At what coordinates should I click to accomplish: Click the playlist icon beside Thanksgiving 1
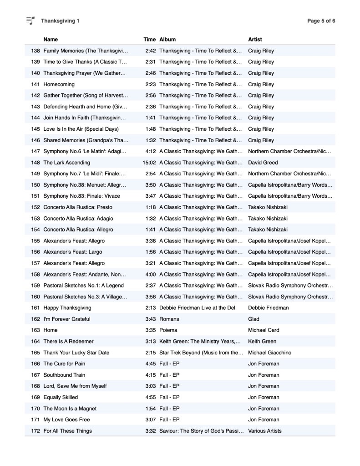(30, 20)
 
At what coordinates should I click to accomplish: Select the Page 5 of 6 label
(321, 21)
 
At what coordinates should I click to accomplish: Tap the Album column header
(167, 40)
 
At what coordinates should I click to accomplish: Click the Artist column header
(255, 40)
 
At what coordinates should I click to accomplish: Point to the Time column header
(149, 40)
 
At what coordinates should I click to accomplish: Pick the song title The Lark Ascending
(67, 162)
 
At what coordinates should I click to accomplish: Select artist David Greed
(263, 162)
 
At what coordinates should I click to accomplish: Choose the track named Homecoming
(59, 84)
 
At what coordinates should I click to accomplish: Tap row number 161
(35, 308)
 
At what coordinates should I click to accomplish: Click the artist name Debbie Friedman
(269, 308)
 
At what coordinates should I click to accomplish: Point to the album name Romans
(169, 319)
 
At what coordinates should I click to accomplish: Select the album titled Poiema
(168, 330)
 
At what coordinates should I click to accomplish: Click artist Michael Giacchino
(271, 353)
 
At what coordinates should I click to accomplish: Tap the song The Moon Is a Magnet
(70, 409)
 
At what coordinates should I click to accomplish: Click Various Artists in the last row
(265, 431)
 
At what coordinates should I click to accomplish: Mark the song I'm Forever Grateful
(67, 319)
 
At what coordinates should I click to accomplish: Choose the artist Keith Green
(262, 341)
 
